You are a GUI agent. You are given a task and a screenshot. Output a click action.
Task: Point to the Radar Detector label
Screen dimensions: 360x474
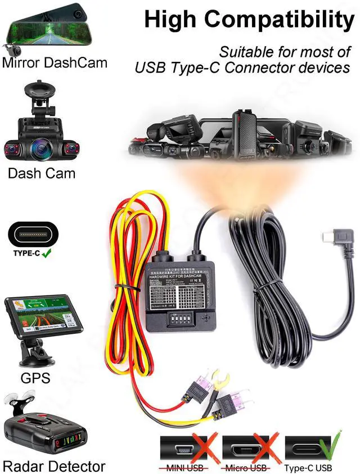point(54,466)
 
